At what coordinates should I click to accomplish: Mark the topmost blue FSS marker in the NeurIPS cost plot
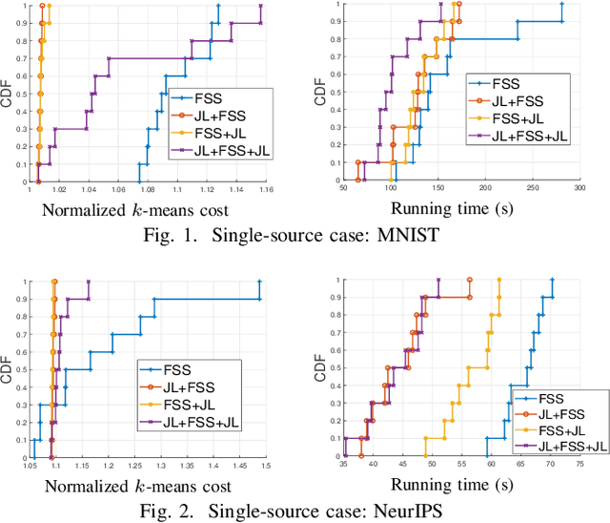[259, 282]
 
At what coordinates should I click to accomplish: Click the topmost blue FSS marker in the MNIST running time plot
[562, 5]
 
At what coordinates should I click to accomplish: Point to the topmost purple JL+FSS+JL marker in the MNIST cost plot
[261, 5]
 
